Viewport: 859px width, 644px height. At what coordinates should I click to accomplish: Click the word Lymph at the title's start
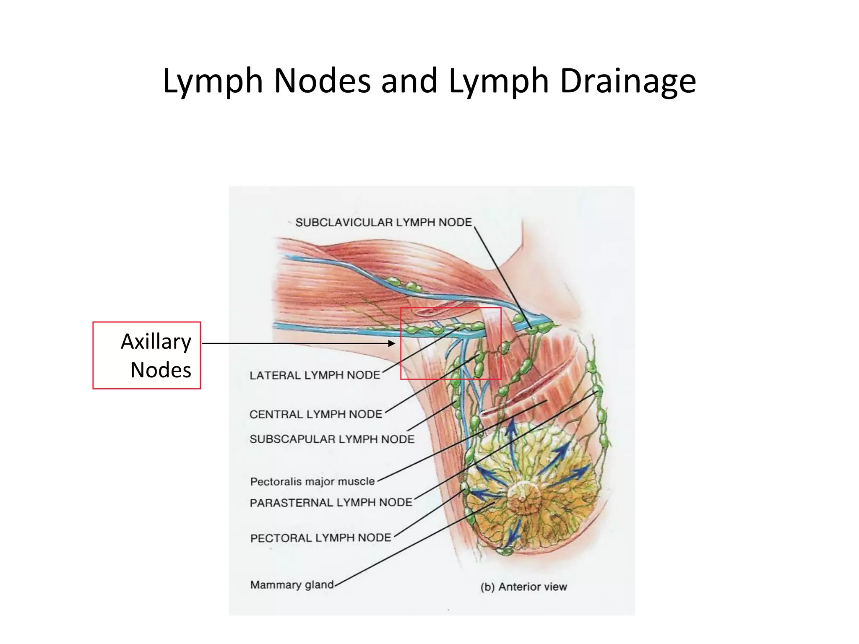pos(213,81)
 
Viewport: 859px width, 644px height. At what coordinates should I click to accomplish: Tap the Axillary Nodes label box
pos(146,356)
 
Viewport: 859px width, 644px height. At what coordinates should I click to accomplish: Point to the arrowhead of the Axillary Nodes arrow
pos(392,343)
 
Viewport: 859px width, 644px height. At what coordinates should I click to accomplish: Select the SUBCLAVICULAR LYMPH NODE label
pos(383,222)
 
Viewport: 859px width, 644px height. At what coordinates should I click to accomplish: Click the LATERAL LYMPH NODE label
pos(315,375)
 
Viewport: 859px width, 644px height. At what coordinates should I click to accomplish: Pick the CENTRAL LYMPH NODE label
pos(316,414)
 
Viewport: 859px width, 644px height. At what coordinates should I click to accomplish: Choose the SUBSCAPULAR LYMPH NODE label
pos(332,439)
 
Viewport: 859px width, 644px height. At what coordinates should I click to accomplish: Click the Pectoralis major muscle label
pos(312,481)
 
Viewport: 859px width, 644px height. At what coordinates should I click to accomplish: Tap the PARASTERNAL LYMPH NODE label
pos(331,502)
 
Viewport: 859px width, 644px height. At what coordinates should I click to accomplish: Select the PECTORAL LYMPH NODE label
pos(320,538)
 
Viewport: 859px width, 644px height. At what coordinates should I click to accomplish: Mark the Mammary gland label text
pos(292,584)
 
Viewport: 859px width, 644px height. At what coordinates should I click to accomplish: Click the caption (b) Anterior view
pos(523,587)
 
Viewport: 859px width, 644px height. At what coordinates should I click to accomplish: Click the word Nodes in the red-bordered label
pos(161,370)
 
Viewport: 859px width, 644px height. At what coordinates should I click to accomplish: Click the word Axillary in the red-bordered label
pos(156,341)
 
